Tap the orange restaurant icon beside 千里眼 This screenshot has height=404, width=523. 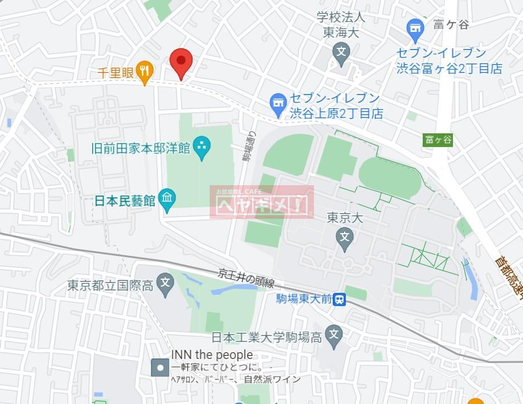145,71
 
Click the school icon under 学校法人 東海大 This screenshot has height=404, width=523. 341,53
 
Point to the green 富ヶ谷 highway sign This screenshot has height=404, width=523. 438,140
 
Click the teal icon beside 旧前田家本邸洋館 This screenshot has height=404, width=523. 201,148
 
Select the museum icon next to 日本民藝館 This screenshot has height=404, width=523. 167,198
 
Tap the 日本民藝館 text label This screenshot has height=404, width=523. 125,201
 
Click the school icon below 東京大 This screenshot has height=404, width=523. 344,236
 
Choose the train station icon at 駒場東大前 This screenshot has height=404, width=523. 340,299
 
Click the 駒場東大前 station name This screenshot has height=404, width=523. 304,299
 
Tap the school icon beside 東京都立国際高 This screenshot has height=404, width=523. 165,283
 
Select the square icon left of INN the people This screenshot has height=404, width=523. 160,368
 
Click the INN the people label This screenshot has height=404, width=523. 212,354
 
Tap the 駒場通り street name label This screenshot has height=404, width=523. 250,147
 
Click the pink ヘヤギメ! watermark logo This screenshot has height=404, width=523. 261,202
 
